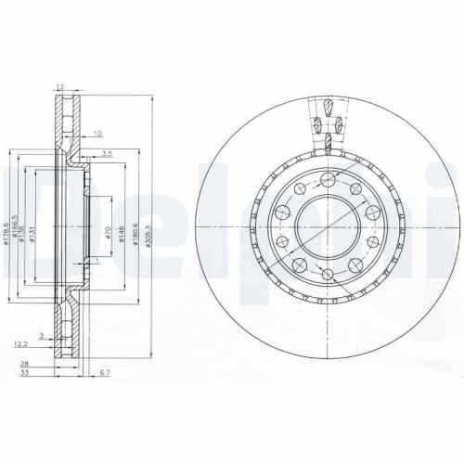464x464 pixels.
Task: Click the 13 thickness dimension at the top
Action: [x=61, y=86]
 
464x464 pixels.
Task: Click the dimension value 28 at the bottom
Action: [x=37, y=365]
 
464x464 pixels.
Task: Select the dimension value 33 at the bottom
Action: [x=37, y=375]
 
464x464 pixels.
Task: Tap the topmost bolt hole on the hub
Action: [x=329, y=175]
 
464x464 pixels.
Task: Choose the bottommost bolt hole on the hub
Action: [x=329, y=274]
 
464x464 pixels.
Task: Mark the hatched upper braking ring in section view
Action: [x=62, y=121]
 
